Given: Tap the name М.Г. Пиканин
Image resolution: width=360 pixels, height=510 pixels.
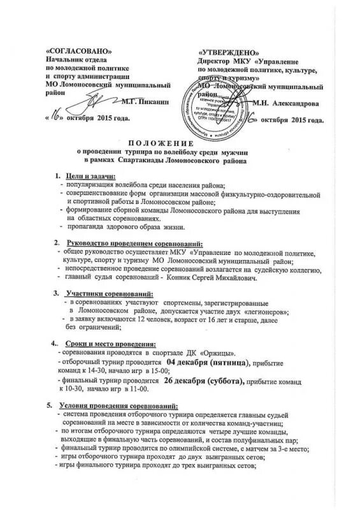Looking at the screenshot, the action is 145,101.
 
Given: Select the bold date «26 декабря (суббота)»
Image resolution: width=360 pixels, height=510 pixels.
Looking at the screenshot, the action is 204,380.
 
